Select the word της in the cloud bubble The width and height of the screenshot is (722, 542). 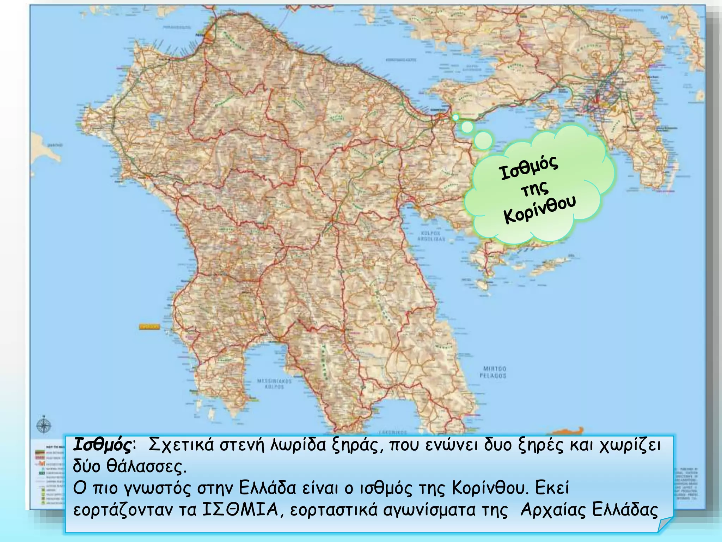(535, 190)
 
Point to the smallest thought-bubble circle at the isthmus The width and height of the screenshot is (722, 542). (455, 117)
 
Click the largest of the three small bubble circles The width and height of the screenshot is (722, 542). (483, 140)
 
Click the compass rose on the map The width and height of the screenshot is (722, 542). (43, 426)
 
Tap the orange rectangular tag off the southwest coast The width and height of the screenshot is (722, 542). (149, 327)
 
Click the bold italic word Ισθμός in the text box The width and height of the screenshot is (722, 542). (102, 445)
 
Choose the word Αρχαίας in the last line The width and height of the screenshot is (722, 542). (552, 510)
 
